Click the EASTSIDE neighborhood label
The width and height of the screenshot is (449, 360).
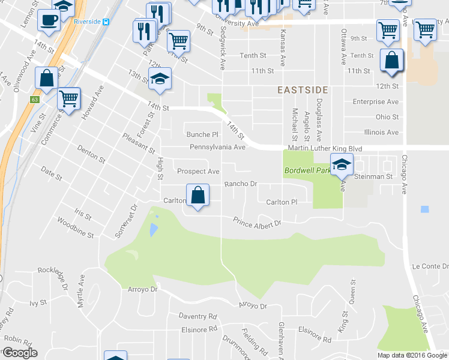point(303,90)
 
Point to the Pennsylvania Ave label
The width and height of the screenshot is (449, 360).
point(217,147)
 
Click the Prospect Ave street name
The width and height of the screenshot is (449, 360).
point(198,171)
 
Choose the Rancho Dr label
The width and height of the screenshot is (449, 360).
point(241,184)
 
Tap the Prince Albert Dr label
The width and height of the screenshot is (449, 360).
point(258,223)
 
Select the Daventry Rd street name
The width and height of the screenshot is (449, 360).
point(197,316)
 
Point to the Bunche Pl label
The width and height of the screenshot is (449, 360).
point(202,134)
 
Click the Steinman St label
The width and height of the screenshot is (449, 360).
point(373,176)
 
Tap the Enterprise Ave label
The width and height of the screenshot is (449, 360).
point(375,102)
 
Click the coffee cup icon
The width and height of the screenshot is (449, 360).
point(49,20)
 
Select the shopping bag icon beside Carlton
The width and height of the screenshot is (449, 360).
point(197,195)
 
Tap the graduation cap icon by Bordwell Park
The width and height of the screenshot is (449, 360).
point(342,164)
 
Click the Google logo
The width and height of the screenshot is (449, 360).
point(19,353)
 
